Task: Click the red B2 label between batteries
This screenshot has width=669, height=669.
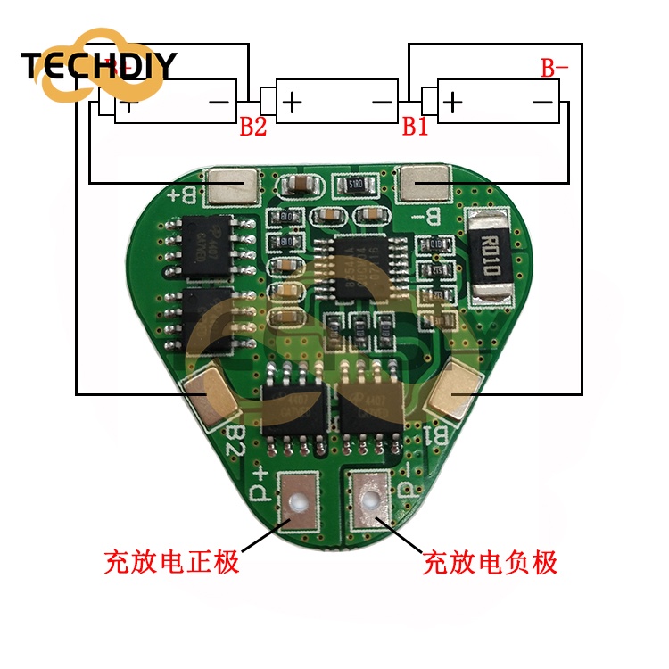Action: (x=252, y=127)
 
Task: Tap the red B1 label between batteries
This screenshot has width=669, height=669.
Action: (x=415, y=127)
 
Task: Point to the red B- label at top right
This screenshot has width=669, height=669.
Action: (x=554, y=68)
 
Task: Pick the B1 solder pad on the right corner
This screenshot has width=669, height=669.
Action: (x=455, y=393)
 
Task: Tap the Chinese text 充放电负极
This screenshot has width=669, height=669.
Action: (x=490, y=563)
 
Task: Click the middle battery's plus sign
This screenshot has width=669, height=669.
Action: (x=292, y=103)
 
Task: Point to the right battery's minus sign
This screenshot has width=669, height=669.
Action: (x=542, y=103)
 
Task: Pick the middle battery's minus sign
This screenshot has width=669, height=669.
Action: (x=383, y=103)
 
